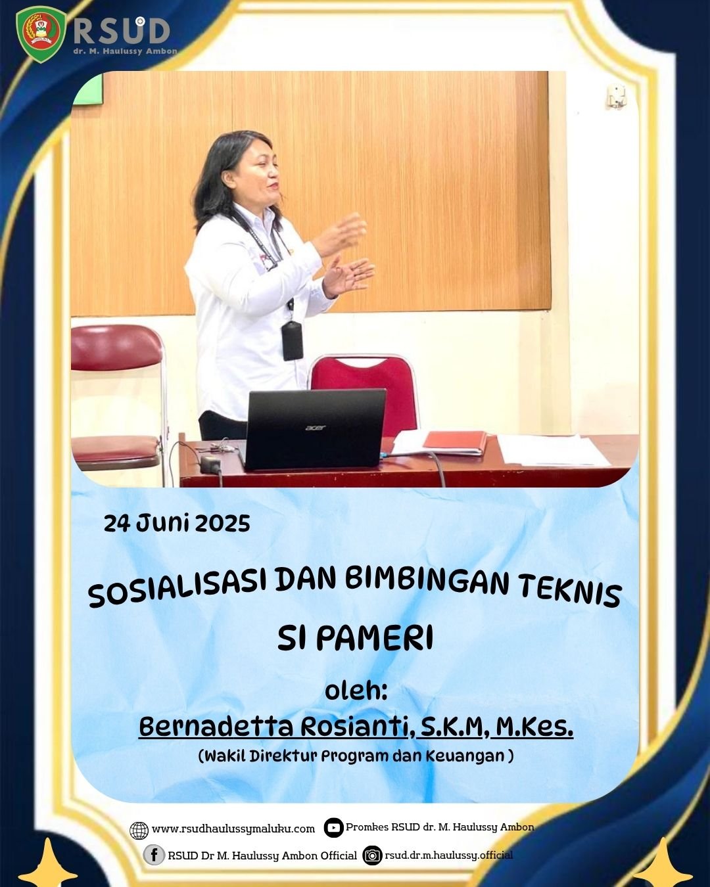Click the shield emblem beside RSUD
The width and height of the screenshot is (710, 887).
pyautogui.click(x=40, y=34)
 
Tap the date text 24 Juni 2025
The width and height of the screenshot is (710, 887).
pyautogui.click(x=177, y=524)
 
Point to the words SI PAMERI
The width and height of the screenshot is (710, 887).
pyautogui.click(x=355, y=638)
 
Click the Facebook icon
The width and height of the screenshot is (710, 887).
pyautogui.click(x=154, y=855)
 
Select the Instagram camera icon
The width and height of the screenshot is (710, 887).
pyautogui.click(x=372, y=855)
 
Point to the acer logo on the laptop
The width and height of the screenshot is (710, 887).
pyautogui.click(x=315, y=428)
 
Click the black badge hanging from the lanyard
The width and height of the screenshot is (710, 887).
pyautogui.click(x=293, y=341)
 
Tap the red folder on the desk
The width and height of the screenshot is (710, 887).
pyautogui.click(x=454, y=442)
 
